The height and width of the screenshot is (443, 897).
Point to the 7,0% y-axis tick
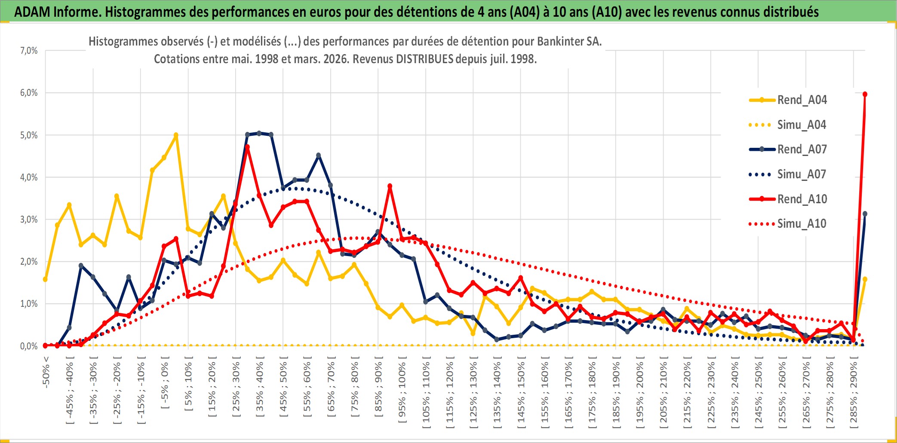click(29, 51)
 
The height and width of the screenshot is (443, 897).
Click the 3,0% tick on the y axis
click(29, 220)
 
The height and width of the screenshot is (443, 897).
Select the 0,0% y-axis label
click(29, 346)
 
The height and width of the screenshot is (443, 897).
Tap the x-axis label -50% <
click(46, 372)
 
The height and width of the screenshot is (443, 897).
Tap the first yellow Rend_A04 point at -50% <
click(45, 280)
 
